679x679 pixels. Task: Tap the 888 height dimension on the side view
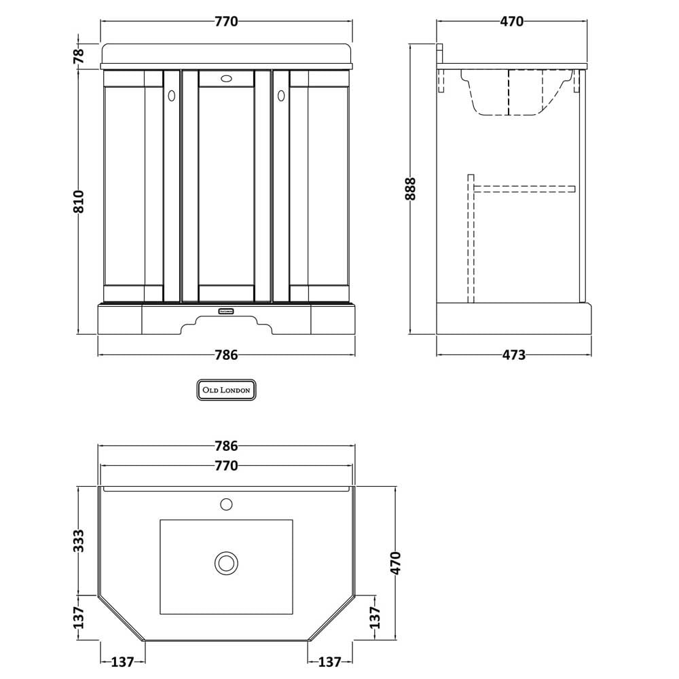(410, 188)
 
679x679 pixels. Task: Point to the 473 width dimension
(513, 355)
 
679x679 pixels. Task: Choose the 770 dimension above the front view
(227, 21)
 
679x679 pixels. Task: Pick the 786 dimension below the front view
(227, 355)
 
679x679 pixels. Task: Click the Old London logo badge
(227, 390)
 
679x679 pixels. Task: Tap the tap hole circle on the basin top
(227, 504)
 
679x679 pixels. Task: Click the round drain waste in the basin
(227, 563)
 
